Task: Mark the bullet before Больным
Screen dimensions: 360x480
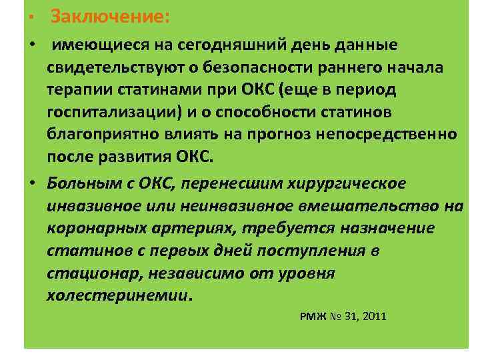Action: (x=32, y=183)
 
